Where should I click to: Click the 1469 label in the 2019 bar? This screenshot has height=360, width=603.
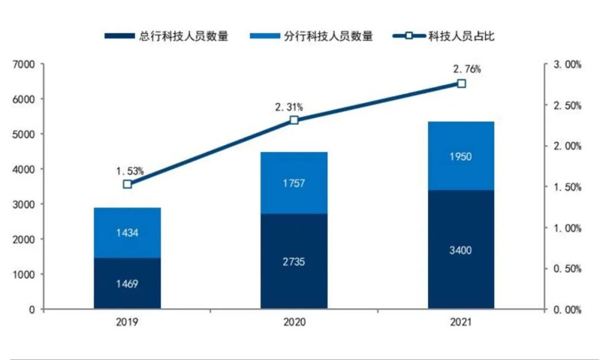[127, 284]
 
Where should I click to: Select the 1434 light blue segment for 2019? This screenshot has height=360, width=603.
[127, 233]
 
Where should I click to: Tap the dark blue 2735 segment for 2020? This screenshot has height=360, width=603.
[294, 261]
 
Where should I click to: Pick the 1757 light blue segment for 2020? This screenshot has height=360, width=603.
[294, 183]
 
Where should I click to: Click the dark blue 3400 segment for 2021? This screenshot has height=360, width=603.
[461, 249]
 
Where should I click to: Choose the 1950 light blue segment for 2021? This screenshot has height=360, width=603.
[461, 156]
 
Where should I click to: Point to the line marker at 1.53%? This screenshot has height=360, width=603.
[127, 184]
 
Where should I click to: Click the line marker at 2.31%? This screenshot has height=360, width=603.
[294, 120]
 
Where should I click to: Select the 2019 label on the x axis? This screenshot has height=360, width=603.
[127, 323]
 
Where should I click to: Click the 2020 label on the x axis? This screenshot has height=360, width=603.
[294, 323]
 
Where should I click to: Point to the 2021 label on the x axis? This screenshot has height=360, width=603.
[461, 323]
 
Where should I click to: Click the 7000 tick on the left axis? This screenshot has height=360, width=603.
[23, 65]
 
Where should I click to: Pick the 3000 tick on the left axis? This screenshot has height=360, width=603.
[23, 204]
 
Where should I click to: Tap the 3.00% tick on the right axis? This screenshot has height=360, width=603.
[567, 65]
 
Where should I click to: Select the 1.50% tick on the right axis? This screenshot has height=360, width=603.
[567, 187]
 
